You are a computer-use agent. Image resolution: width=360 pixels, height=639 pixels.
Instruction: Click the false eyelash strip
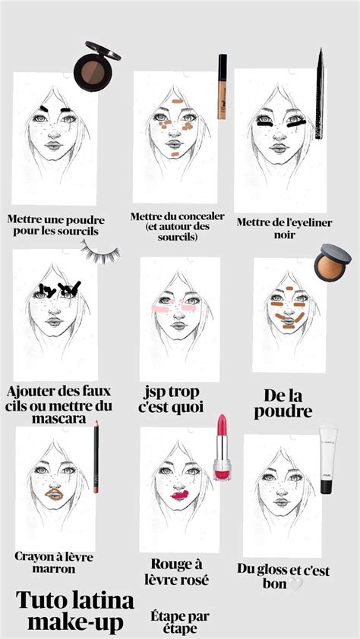(x=100, y=253)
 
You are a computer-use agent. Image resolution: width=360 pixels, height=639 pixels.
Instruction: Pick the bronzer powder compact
(x=332, y=262)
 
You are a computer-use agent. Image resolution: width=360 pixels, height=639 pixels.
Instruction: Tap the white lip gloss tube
(x=327, y=459)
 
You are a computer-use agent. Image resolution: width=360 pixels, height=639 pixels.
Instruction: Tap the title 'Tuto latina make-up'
(x=75, y=612)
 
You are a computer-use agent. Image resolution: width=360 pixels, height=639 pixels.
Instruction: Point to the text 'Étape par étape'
(x=180, y=622)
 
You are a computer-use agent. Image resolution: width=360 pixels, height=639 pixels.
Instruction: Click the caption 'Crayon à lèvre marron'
(x=55, y=563)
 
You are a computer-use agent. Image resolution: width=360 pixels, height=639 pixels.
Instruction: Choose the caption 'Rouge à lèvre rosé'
(x=179, y=572)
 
